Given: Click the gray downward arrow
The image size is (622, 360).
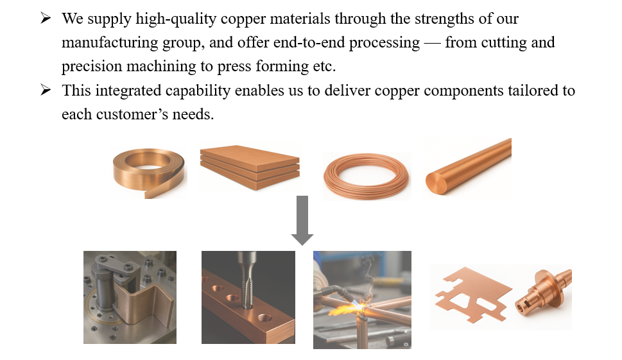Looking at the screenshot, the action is pyautogui.click(x=302, y=220).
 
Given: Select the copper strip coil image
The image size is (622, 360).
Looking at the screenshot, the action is pyautogui.click(x=148, y=173).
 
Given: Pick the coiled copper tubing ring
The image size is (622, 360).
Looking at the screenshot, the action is pyautogui.click(x=366, y=176).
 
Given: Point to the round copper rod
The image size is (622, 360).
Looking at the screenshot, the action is pyautogui.click(x=469, y=166).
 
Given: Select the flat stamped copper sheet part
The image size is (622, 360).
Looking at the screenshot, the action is pyautogui.click(x=472, y=294).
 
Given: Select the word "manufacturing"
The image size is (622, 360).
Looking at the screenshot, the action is pyautogui.click(x=110, y=43).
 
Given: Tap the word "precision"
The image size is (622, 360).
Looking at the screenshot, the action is pyautogui.click(x=92, y=67).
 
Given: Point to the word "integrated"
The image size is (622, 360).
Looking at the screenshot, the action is pyautogui.click(x=128, y=90).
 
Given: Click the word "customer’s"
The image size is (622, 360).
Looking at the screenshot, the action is pyautogui.click(x=132, y=115).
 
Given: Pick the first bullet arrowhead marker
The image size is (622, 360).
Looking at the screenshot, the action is pyautogui.click(x=46, y=18).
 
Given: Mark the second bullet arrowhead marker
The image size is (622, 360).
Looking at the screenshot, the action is pyautogui.click(x=46, y=90).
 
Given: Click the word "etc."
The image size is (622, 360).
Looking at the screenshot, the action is pyautogui.click(x=324, y=67).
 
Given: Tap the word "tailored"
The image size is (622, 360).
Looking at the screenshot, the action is pyautogui.click(x=533, y=90).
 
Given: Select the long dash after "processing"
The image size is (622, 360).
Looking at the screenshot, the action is pyautogui.click(x=433, y=43).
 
